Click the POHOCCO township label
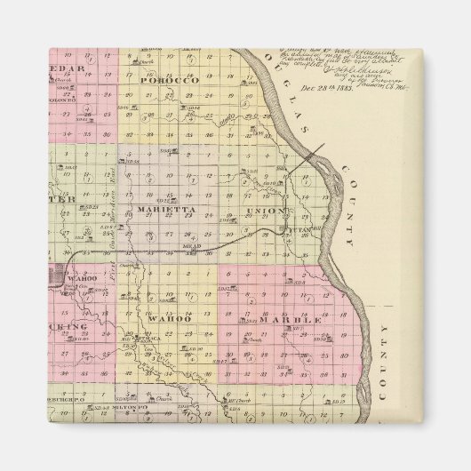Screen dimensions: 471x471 (x=161, y=79)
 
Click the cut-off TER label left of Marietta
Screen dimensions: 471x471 (x=68, y=200)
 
